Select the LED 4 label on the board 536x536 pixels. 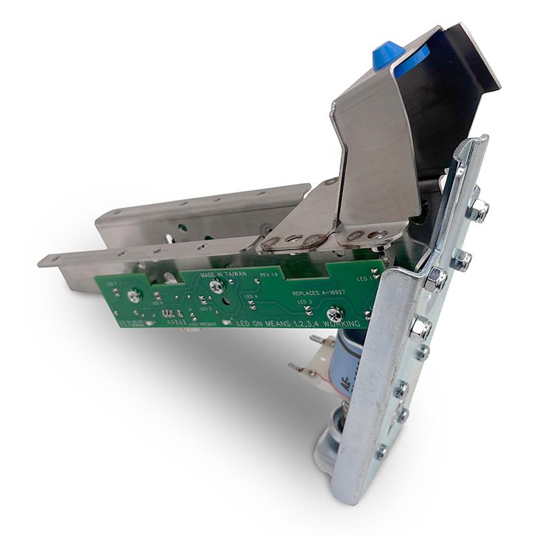pos(250,296)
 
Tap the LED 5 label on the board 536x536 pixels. pos(205,308)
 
